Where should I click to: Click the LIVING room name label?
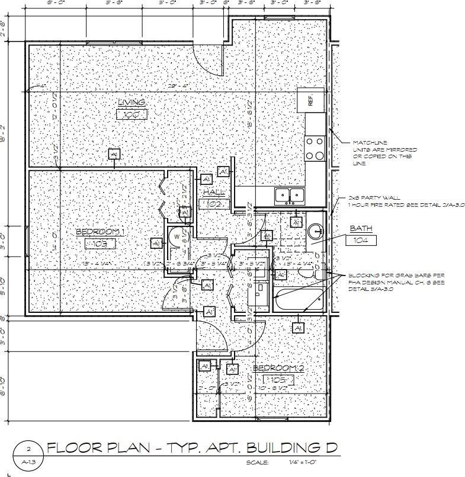pos(132,102)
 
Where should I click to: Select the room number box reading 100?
pos(132,114)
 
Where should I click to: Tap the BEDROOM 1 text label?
pos(100,232)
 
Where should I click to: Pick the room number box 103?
pos(100,244)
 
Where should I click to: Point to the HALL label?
pos(214,193)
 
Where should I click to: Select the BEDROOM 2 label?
pos(278,368)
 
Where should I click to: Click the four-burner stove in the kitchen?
pos(315,148)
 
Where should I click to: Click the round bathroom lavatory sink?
pos(314,230)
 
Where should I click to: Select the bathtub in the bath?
pos(296,298)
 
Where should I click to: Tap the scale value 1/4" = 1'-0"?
pos(303,462)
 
